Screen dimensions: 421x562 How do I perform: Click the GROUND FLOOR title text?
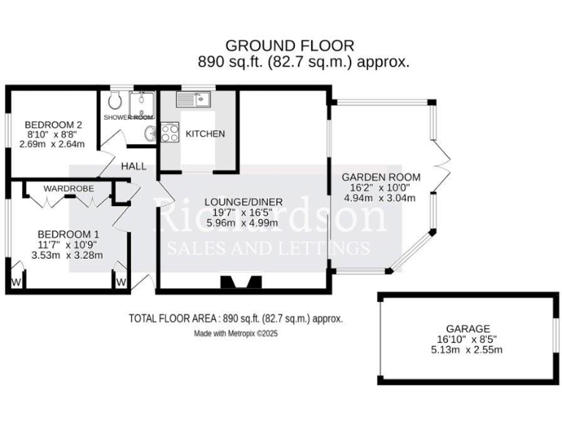pyautogui.click(x=289, y=46)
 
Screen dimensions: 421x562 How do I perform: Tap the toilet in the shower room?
pyautogui.click(x=116, y=100)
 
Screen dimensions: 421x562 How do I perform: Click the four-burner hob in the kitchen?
pyautogui.click(x=170, y=133)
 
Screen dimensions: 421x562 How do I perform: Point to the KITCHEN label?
pyautogui.click(x=205, y=134)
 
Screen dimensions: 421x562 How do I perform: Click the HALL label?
pyautogui.click(x=134, y=166)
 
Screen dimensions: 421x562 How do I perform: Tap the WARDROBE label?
pyautogui.click(x=68, y=189)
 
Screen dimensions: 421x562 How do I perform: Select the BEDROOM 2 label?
pyautogui.click(x=52, y=124)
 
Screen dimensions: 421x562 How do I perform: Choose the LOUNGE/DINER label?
pyautogui.click(x=243, y=202)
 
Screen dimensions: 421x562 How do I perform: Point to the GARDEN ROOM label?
pyautogui.click(x=381, y=177)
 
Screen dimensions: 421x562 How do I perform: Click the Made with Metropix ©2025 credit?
pyautogui.click(x=236, y=333)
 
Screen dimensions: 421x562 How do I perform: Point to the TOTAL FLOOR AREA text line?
pyautogui.click(x=236, y=319)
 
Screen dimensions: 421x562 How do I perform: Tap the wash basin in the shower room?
pyautogui.click(x=150, y=132)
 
